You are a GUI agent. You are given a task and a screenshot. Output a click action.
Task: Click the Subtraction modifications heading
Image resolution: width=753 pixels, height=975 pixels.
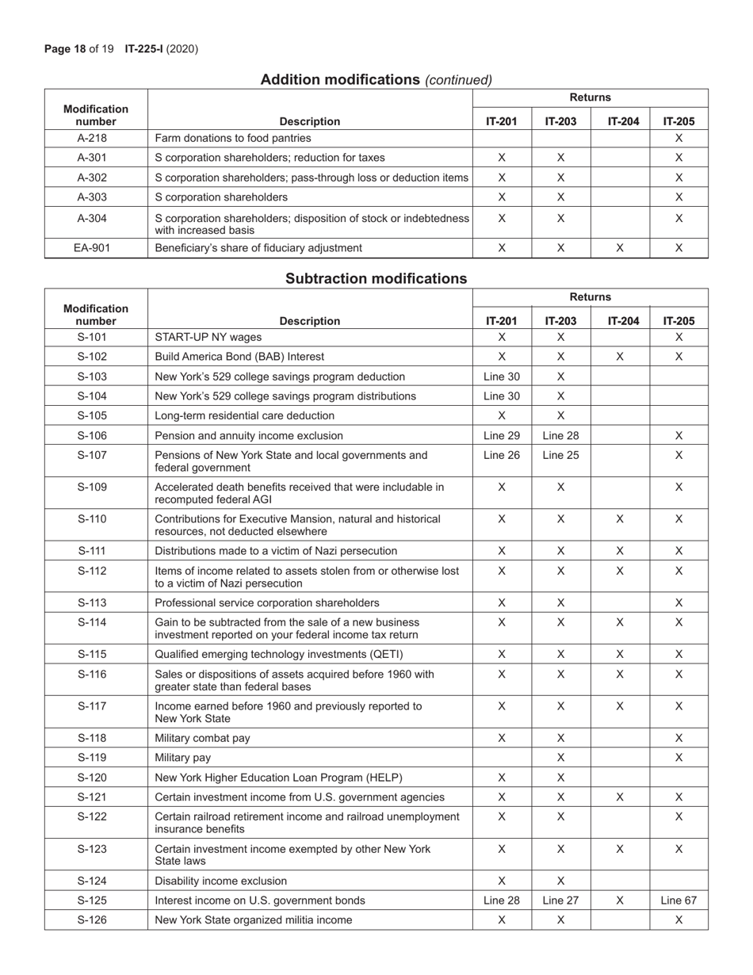376,279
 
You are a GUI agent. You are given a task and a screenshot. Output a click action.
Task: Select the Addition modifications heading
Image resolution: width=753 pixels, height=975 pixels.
376,79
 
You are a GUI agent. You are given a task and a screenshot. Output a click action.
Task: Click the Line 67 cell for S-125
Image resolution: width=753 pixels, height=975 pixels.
678,900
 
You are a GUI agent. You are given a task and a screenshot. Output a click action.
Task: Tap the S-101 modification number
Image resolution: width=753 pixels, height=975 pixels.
95,337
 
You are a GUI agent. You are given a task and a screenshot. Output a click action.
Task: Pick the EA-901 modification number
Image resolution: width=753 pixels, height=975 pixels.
95,247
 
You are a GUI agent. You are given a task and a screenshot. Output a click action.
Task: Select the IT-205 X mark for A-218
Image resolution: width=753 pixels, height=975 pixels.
678,138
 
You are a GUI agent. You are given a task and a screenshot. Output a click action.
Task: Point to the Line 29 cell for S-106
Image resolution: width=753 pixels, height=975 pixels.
501,435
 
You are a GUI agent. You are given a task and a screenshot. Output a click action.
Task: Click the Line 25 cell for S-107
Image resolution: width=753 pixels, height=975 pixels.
560,455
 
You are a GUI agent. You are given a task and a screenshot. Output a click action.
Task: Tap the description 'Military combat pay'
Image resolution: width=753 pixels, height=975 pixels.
202,738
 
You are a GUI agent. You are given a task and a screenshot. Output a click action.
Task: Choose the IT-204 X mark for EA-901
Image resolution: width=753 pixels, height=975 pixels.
620,247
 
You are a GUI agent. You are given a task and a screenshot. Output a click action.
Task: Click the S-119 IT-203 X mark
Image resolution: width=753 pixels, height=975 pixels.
560,758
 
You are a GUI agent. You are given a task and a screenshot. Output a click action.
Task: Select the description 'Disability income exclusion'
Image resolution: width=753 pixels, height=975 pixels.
221,881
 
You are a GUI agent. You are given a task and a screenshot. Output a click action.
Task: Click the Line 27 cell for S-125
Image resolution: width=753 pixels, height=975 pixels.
560,900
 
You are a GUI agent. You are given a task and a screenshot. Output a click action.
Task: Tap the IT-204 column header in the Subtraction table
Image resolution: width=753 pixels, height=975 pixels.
620,321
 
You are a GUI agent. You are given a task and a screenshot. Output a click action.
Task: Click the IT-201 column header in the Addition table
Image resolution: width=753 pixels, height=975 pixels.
501,121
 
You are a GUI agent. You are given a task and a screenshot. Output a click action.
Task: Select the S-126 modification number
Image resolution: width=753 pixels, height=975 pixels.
95,920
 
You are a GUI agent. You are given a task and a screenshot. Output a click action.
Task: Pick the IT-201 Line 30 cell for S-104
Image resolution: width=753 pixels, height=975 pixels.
501,396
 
